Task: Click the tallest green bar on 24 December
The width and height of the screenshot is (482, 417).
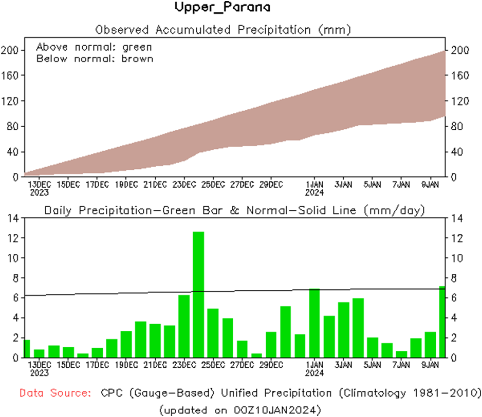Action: [198, 294]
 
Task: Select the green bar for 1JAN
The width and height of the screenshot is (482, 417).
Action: [314, 323]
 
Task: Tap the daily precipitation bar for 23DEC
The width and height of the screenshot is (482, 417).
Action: [184, 326]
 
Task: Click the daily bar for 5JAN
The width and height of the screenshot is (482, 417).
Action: [373, 347]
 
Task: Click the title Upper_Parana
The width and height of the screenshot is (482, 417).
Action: [222, 8]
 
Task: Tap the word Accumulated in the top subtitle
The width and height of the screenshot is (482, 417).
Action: [192, 29]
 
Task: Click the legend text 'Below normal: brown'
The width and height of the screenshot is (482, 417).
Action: [95, 58]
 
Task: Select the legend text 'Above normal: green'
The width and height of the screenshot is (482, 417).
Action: [94, 47]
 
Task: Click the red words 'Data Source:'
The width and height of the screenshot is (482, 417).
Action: [55, 393]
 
